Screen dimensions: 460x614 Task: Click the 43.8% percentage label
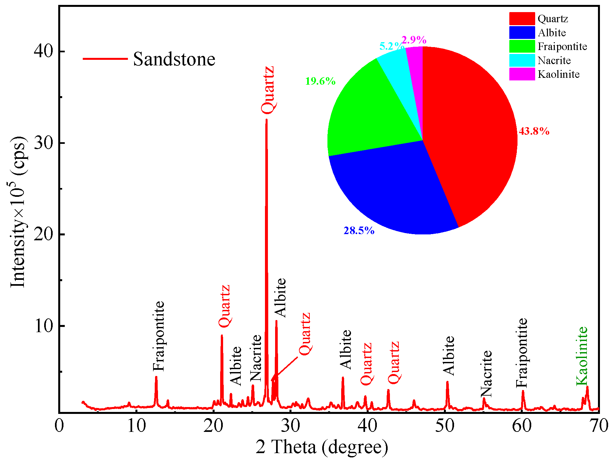[x=534, y=131]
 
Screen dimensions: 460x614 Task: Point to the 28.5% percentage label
[x=359, y=231]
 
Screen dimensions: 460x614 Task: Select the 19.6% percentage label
[x=320, y=81]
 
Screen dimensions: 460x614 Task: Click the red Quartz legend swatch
[x=522, y=19]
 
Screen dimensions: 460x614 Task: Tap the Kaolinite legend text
[x=558, y=75]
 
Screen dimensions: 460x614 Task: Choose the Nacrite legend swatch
[x=522, y=60]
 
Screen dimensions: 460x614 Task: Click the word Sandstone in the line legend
[x=174, y=59]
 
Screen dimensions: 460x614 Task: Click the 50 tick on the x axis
[x=445, y=426]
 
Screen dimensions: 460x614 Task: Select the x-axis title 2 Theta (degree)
[x=322, y=447]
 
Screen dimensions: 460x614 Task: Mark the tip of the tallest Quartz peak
[x=266, y=120]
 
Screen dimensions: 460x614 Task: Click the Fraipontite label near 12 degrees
[x=159, y=336]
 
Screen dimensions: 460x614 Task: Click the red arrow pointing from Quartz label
[x=285, y=369]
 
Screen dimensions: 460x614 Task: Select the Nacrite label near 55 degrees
[x=486, y=373]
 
